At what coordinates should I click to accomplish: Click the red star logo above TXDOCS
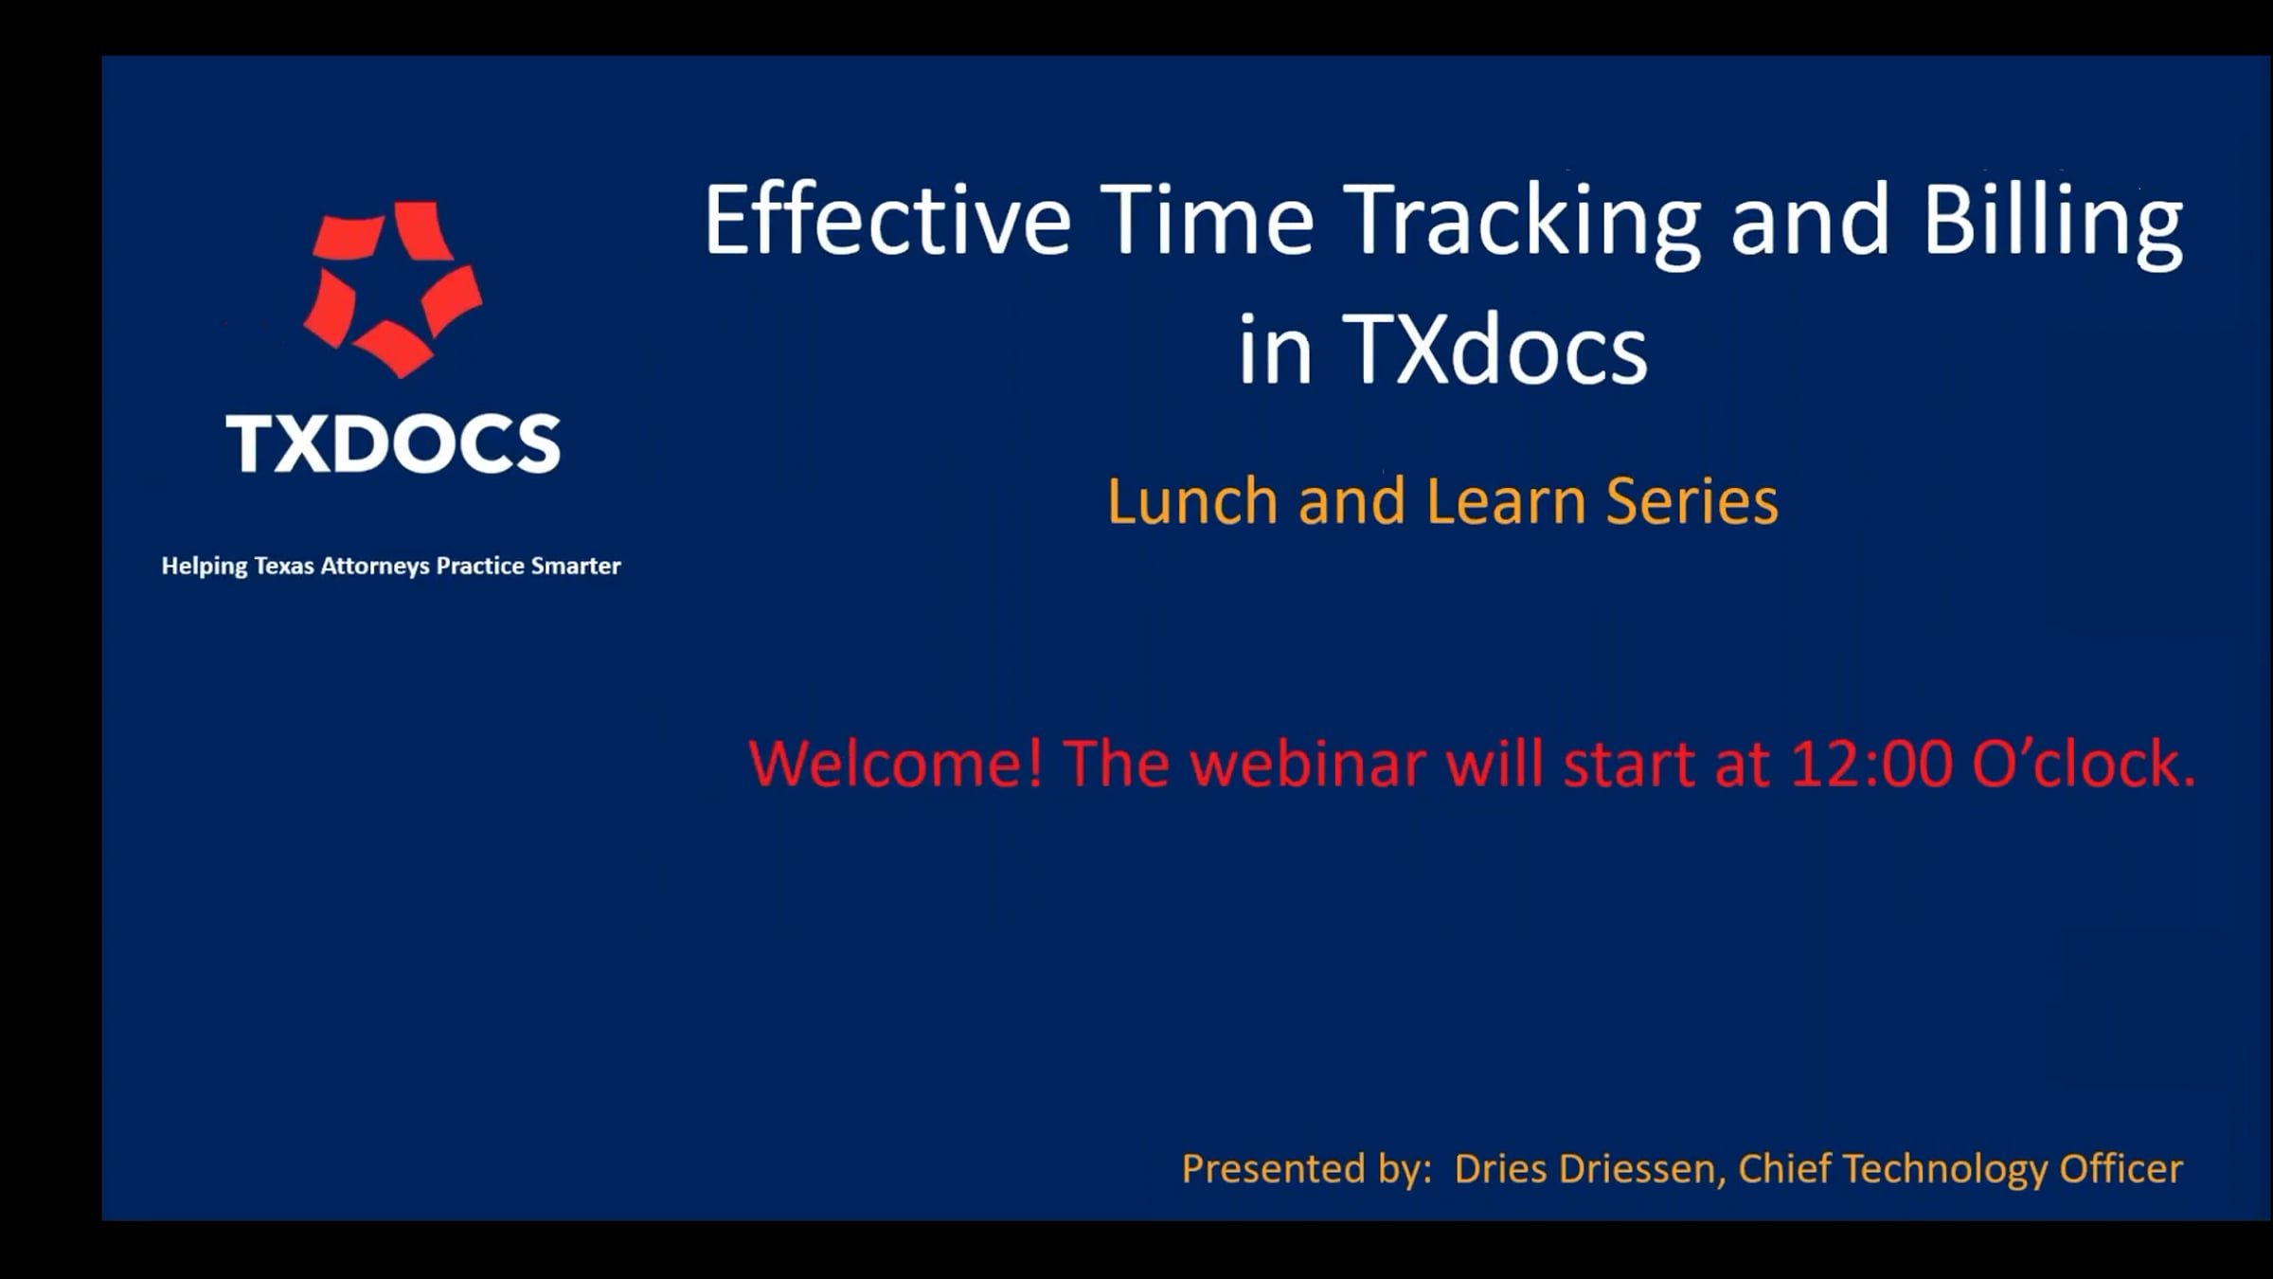[392, 288]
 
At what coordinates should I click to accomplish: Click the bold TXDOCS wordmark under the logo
[393, 443]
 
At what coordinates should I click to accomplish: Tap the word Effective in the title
[887, 220]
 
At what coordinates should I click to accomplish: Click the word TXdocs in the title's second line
[1494, 350]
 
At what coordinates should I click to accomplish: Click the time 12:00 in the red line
[1871, 764]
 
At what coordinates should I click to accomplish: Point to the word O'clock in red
[2083, 764]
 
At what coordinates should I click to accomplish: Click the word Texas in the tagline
[284, 566]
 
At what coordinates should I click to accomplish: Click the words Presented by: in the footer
[1307, 1169]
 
